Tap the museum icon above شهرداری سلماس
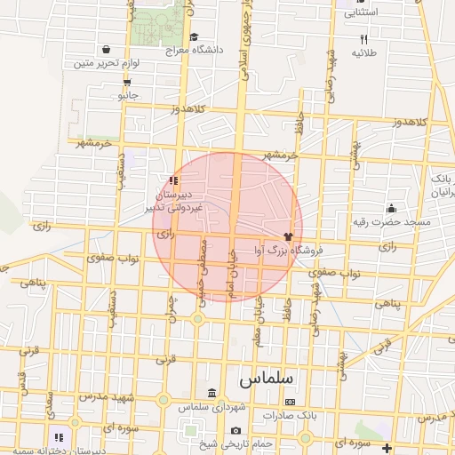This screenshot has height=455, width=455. [211, 393]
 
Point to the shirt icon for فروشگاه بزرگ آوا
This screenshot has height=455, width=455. [287, 236]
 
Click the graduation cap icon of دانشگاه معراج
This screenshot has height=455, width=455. [194, 36]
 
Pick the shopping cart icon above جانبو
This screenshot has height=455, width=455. [128, 81]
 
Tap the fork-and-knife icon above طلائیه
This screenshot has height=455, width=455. [363, 40]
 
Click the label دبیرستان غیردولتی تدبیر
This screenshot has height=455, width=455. [174, 200]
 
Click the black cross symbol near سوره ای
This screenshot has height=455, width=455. [387, 446]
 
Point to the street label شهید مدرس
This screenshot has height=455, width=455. [104, 396]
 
